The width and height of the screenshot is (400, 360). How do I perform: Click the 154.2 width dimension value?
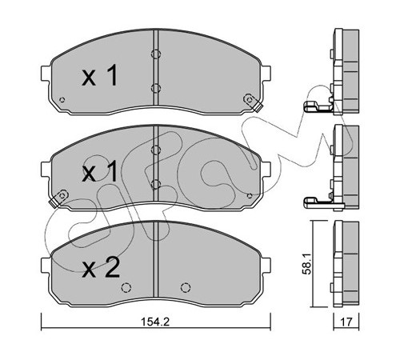point(155,322)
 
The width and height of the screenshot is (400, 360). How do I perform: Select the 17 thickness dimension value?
point(346,322)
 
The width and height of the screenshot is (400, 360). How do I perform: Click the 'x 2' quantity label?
point(101,268)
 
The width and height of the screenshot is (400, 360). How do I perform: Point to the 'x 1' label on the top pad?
point(100,75)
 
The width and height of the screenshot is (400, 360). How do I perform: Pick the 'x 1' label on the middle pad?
point(100,171)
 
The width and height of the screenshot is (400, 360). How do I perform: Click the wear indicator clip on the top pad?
point(252,102)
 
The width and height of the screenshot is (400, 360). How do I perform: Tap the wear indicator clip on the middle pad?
point(59,198)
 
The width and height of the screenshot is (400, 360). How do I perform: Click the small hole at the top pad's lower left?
point(62,100)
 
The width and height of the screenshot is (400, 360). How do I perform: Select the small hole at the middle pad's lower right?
point(250,196)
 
